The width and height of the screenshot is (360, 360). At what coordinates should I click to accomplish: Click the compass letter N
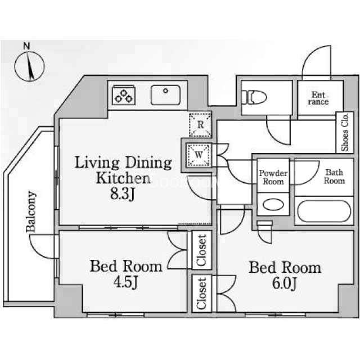(x=26, y=46)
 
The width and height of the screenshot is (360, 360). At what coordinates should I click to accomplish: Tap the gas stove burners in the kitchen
(x=124, y=95)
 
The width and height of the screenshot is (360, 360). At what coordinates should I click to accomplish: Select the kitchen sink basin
(x=165, y=95)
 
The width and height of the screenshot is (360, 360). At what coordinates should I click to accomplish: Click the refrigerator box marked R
(x=200, y=125)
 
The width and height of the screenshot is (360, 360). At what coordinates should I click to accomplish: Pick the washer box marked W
(x=199, y=155)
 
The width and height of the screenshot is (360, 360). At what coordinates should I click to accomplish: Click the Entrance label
(x=318, y=98)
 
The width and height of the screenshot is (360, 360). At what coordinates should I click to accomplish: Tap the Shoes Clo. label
(x=344, y=133)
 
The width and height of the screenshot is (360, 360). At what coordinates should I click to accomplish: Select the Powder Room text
(x=273, y=177)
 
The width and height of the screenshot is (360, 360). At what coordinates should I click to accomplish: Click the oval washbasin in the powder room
(x=273, y=204)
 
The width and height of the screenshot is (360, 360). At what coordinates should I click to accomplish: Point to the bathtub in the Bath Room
(x=324, y=211)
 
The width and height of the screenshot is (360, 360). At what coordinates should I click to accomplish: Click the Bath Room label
(x=334, y=176)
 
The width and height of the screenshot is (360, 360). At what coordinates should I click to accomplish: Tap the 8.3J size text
(x=123, y=194)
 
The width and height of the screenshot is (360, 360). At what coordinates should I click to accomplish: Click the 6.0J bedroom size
(x=285, y=283)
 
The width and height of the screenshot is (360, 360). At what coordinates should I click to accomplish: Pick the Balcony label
(x=31, y=211)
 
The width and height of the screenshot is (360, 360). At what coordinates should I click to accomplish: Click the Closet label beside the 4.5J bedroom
(x=201, y=250)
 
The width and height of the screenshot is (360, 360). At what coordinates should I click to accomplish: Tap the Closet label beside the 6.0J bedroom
(x=201, y=293)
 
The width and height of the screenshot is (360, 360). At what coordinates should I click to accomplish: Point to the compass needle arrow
(x=30, y=66)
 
